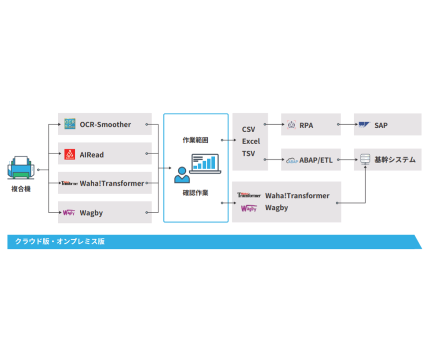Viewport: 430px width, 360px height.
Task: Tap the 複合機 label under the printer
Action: click(x=21, y=189)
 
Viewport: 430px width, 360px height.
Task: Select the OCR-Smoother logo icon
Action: click(x=70, y=125)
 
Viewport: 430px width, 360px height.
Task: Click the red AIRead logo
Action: click(x=70, y=155)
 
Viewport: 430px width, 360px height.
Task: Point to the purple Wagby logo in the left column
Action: click(x=69, y=213)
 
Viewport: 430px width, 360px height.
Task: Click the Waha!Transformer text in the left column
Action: click(x=112, y=183)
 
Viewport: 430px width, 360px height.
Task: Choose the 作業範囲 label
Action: click(x=195, y=140)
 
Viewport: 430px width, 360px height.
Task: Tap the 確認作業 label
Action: click(x=195, y=192)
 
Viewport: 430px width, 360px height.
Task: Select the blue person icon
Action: click(x=181, y=175)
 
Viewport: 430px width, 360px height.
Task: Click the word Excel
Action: click(x=251, y=142)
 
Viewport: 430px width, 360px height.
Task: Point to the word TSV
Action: click(x=249, y=154)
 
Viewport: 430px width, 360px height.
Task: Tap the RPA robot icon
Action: click(x=292, y=125)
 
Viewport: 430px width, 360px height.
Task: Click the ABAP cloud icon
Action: click(x=292, y=160)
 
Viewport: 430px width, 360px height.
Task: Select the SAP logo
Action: click(x=365, y=125)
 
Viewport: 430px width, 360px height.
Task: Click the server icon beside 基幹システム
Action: click(x=365, y=160)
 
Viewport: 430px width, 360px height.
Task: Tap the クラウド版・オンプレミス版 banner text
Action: click(x=60, y=241)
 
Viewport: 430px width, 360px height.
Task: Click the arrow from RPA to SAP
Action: click(x=347, y=125)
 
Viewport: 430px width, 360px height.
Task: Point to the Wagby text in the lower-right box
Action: click(x=277, y=208)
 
